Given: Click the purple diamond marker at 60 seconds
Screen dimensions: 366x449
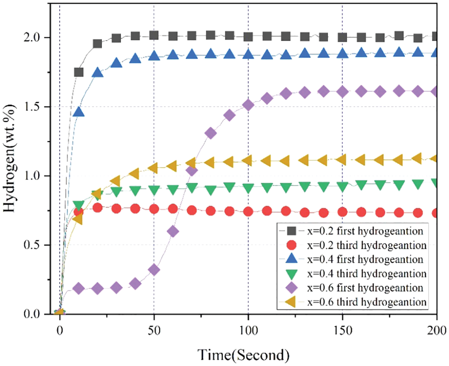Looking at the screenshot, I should point(173,231).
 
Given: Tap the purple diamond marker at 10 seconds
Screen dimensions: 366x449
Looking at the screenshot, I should point(79,288).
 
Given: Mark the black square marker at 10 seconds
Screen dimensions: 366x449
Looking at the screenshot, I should point(79,72).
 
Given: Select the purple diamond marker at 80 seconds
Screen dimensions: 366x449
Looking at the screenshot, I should point(211,133).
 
